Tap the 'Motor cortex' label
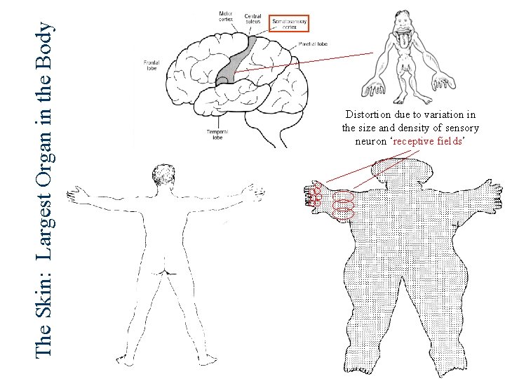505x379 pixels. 227,15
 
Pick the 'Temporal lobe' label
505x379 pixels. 216,134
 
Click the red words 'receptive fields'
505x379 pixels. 426,140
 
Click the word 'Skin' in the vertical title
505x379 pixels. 43,309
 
